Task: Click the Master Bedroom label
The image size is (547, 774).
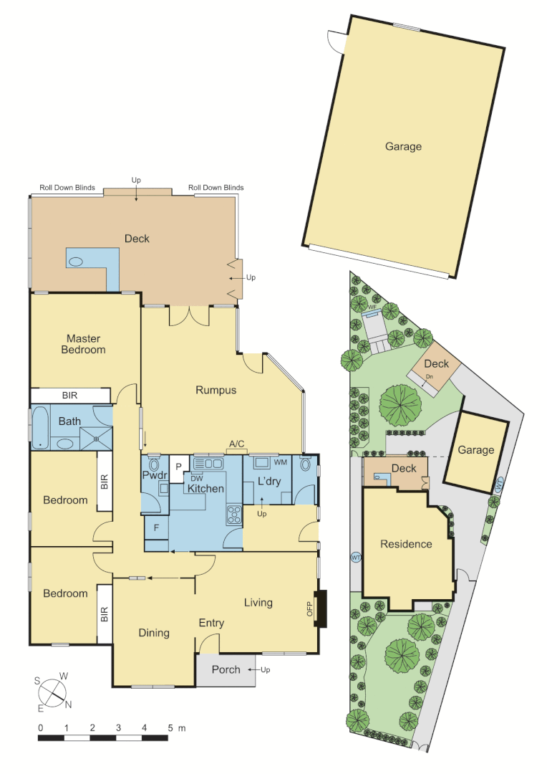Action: [84, 344]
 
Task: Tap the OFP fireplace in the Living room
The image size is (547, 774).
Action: [320, 608]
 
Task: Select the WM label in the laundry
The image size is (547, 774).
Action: [281, 462]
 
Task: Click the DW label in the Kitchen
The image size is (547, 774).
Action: [197, 479]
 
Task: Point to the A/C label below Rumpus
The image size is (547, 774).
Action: [237, 444]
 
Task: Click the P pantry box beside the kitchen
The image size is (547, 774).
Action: [178, 467]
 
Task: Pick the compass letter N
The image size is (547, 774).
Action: [69, 704]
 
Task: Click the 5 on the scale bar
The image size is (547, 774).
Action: [170, 728]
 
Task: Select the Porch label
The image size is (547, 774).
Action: [226, 670]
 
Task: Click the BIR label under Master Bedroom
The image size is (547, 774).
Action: [69, 396]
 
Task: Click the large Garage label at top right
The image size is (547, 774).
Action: [403, 146]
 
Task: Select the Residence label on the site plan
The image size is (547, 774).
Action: [406, 544]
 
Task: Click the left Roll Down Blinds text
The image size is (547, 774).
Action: [67, 188]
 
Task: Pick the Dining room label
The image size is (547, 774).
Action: [154, 633]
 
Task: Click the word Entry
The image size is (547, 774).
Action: [211, 623]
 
